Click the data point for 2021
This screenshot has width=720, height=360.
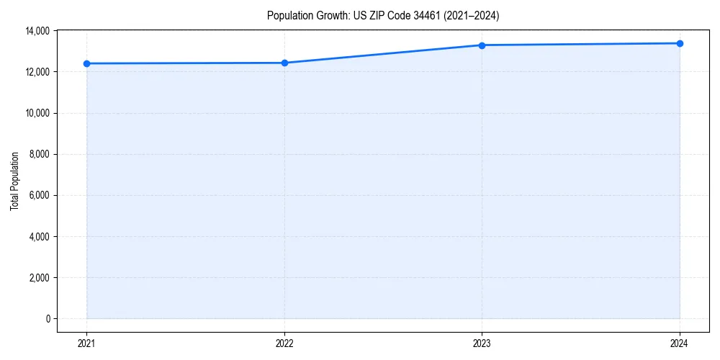(86, 63)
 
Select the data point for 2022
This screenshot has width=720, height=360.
(284, 63)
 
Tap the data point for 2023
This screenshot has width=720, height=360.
(482, 45)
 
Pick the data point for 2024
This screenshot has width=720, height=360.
(680, 43)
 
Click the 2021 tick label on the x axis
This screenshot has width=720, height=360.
(86, 343)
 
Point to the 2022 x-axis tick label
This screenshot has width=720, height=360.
(284, 343)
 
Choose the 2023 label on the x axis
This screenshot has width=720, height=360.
(482, 343)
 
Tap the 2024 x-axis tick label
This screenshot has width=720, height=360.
(680, 343)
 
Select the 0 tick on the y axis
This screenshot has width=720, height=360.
(48, 318)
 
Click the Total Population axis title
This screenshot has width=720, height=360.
(14, 181)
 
